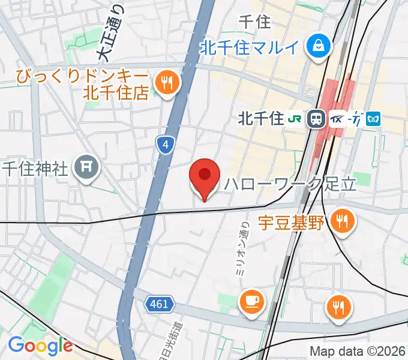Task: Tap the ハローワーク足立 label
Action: click(x=290, y=184)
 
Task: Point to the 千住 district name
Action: click(x=254, y=22)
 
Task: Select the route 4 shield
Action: click(x=166, y=144)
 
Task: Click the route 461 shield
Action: click(x=159, y=304)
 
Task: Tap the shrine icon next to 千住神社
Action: click(x=86, y=167)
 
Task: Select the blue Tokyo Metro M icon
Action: click(x=374, y=119)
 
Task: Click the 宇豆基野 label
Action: click(x=291, y=223)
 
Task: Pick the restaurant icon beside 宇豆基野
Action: click(x=342, y=222)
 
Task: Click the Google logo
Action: click(x=40, y=346)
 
